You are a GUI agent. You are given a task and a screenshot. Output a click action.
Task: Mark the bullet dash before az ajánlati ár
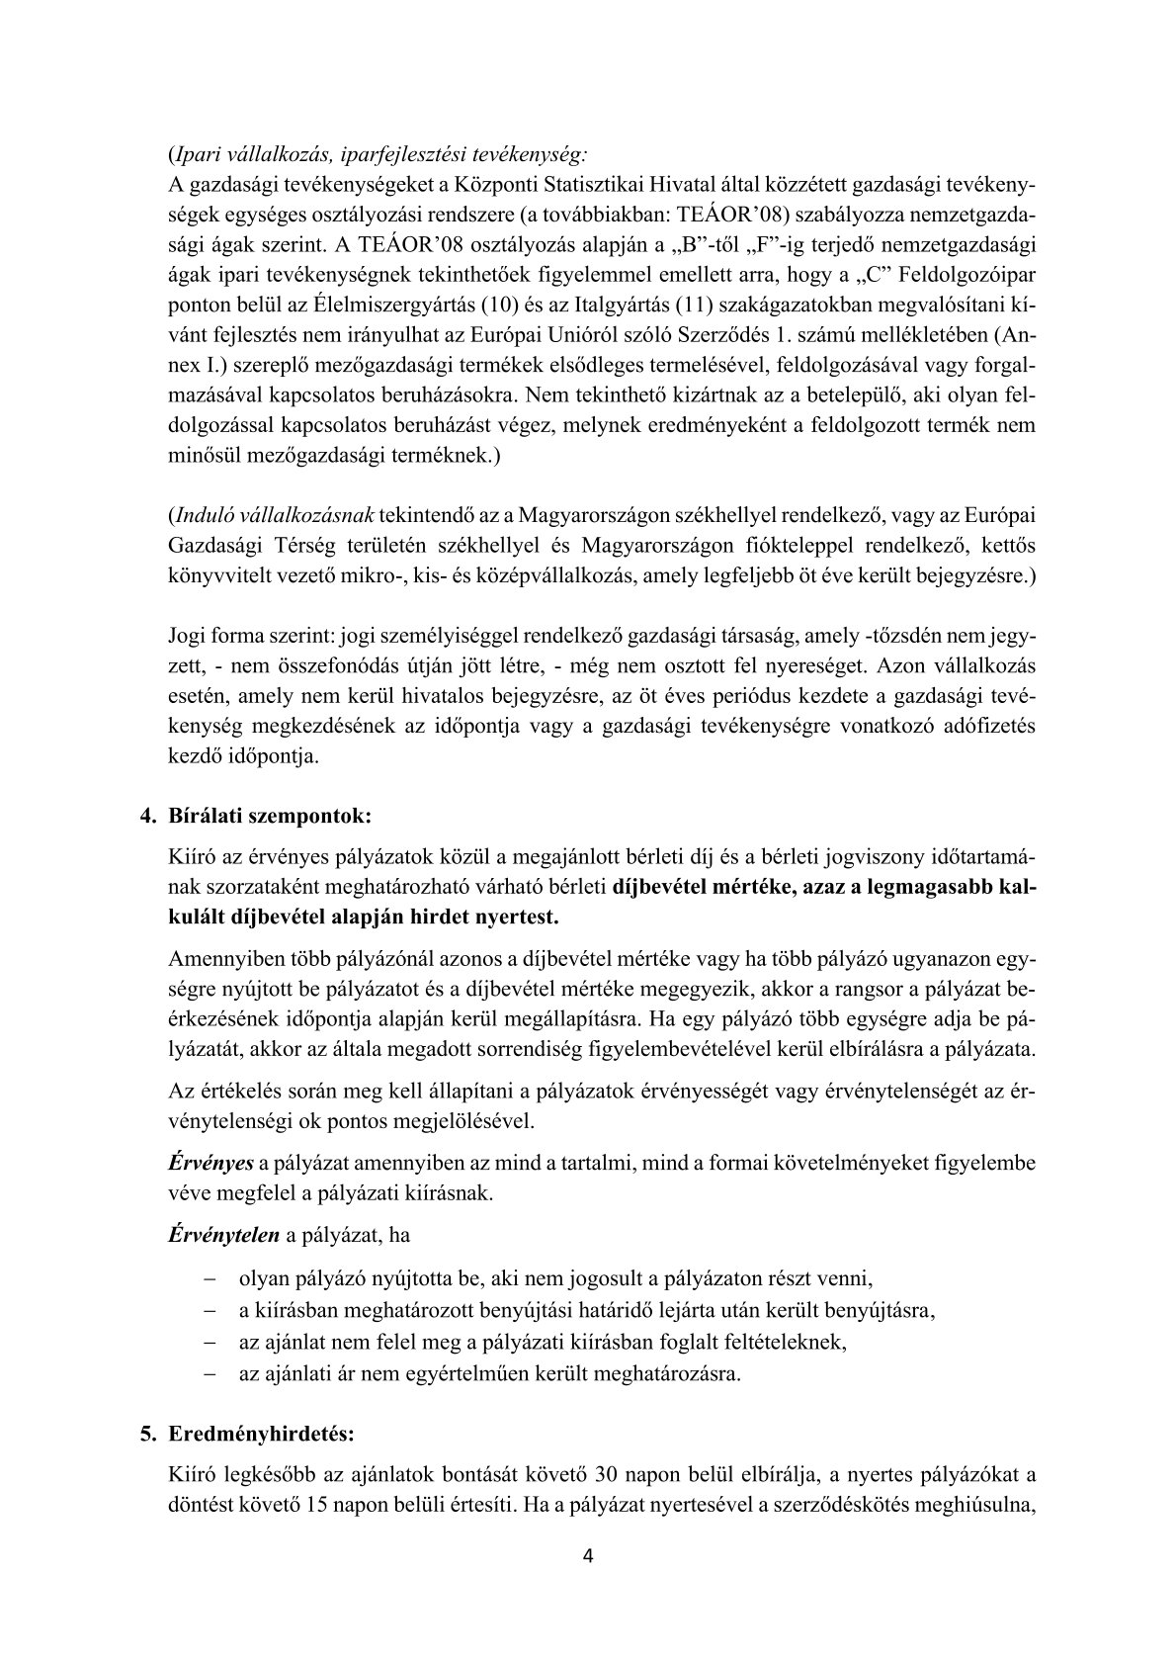pos(210,1374)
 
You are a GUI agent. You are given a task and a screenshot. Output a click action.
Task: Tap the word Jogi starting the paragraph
pos(188,631)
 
